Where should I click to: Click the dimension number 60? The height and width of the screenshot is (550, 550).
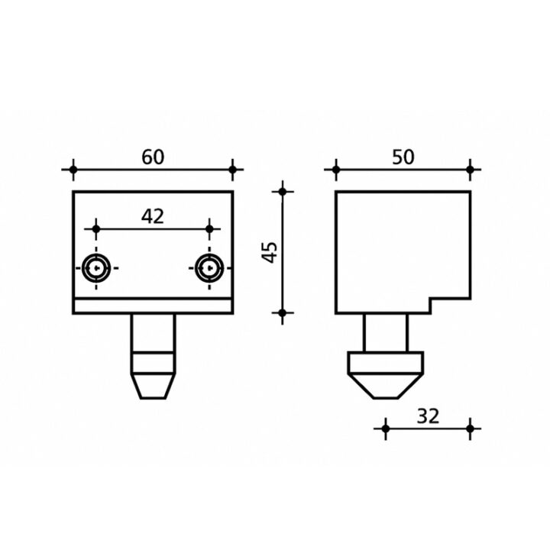point(153,157)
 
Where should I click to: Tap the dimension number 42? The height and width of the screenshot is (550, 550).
point(153,216)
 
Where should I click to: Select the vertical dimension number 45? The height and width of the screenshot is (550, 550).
point(270,252)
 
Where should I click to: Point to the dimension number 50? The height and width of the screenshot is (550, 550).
point(403,157)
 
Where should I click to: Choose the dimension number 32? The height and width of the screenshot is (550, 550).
point(428,416)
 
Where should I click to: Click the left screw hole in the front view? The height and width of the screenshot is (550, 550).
point(96,268)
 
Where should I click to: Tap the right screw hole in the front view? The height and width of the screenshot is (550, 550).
point(209,268)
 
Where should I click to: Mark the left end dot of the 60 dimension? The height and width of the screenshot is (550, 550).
point(73,170)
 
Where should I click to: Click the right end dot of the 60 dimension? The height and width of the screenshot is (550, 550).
point(232,170)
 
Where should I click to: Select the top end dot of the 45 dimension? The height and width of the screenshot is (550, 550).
point(283,192)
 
